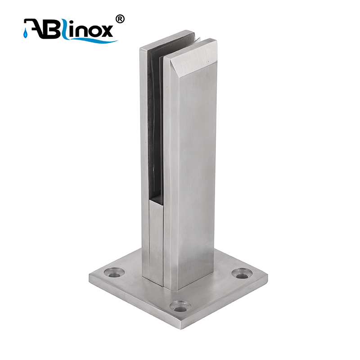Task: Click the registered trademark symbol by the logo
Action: (x=120, y=19)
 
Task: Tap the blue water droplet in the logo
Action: (x=25, y=34)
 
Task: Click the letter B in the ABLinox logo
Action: (x=51, y=29)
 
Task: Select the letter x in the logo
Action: (x=106, y=31)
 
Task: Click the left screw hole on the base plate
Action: (x=114, y=273)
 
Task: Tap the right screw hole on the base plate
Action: (x=242, y=274)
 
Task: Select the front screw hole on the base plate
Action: (x=180, y=306)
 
